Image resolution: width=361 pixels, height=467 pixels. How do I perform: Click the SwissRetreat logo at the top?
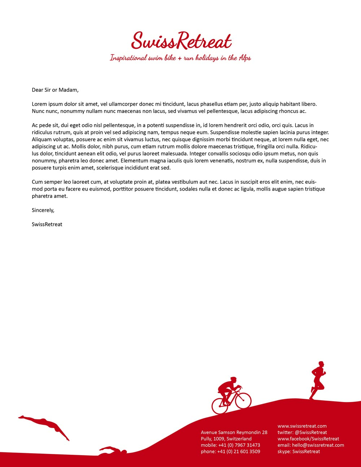pos(181,41)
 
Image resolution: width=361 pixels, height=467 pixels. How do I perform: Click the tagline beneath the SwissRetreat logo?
pos(180,58)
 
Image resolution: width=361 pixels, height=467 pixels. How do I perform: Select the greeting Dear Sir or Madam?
pos(55,90)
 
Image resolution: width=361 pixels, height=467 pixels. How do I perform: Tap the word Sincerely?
pos(43,210)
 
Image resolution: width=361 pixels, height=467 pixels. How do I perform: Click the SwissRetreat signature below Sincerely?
pos(47,224)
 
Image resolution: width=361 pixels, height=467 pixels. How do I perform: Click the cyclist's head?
pos(234,380)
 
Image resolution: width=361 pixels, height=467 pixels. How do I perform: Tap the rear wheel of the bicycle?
pos(220,406)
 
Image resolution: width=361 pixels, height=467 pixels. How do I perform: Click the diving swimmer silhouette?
pos(45,425)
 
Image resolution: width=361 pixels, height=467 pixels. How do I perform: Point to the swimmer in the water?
pos(113,450)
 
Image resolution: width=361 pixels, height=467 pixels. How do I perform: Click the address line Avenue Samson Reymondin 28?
pos(234,432)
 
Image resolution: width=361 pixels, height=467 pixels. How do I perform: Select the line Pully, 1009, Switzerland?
pos(226,439)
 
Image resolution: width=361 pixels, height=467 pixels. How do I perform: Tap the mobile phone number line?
pos(230,445)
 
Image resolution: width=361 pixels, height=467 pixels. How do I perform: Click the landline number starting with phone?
pos(230,451)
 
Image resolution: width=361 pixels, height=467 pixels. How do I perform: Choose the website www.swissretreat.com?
pos(302,426)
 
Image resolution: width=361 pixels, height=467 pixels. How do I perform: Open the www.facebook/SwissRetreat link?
pos(308,439)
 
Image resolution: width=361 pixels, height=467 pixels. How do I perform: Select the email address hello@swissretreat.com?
pos(318,445)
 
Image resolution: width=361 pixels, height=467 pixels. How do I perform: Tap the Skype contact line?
pos(299,451)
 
